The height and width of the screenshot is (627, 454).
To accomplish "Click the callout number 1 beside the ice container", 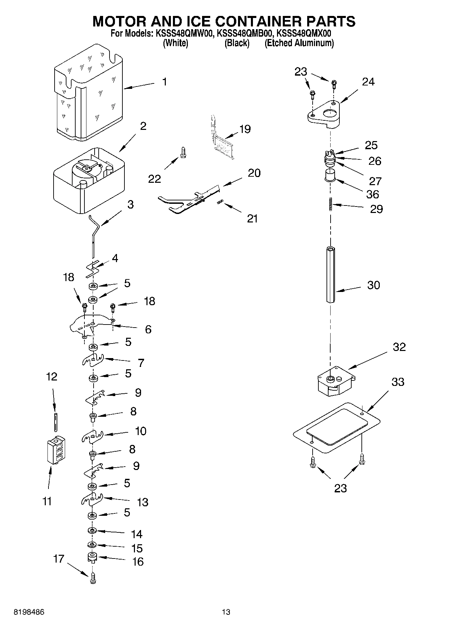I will (164, 82).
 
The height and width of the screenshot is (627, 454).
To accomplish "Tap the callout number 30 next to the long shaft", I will (373, 285).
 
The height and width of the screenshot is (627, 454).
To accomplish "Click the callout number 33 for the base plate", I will (398, 382).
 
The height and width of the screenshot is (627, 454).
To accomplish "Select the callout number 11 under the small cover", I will (47, 501).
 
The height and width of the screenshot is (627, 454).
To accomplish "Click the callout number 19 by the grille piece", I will (245, 129).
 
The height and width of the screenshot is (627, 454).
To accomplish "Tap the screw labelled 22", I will (183, 152).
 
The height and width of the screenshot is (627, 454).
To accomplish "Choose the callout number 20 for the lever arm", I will (254, 173).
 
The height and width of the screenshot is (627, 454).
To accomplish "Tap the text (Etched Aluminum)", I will (299, 43).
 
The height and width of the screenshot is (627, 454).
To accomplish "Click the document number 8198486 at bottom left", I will (29, 612).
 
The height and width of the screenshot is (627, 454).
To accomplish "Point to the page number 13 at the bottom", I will (226, 612).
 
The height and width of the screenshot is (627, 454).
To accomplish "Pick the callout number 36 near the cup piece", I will (373, 194).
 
